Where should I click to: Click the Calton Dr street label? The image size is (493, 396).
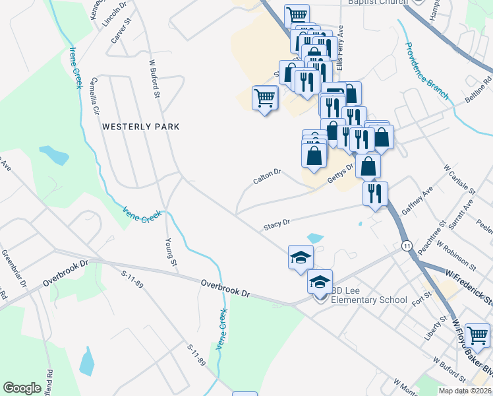[x=268, y=176]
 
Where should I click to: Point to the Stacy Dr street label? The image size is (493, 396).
[x=277, y=224]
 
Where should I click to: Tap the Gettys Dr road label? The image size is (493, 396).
[x=341, y=173]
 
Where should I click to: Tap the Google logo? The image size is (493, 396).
[x=22, y=388]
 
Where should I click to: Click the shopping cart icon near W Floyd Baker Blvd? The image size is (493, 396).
[x=477, y=335]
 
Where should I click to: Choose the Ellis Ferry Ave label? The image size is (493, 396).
[x=340, y=49]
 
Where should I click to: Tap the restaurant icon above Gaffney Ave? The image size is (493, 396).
[x=375, y=193]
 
